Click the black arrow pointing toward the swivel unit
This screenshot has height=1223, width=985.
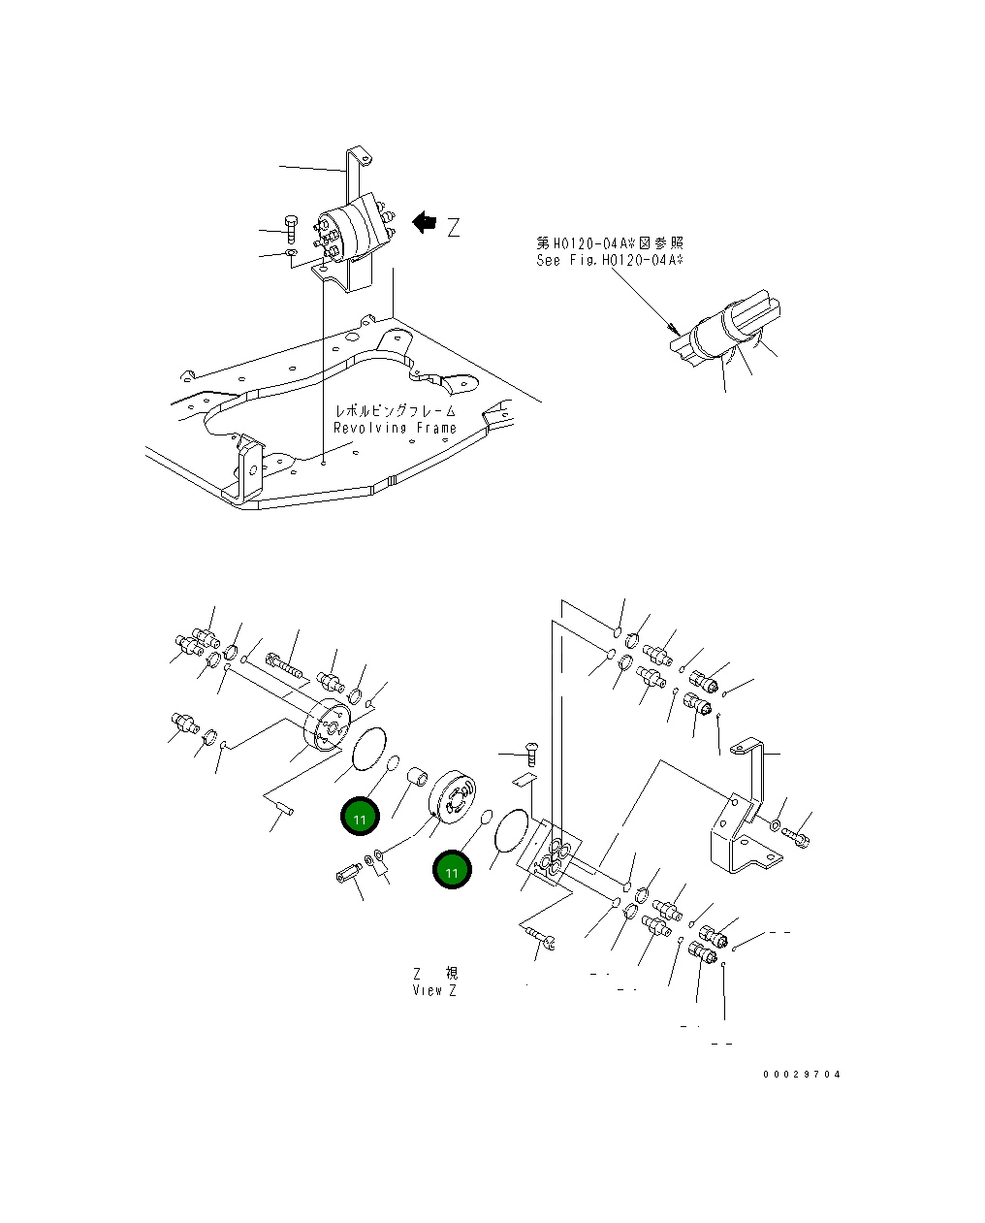(424, 223)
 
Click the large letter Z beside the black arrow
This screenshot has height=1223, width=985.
(453, 228)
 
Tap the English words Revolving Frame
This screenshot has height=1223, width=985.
(395, 428)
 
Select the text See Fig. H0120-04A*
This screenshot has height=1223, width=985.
(610, 260)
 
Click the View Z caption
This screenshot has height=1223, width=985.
(434, 990)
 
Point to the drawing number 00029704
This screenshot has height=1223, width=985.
(802, 1075)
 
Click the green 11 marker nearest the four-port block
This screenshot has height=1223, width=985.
(452, 870)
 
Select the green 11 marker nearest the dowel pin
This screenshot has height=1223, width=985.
(360, 817)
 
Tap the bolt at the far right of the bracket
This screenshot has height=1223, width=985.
(800, 832)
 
